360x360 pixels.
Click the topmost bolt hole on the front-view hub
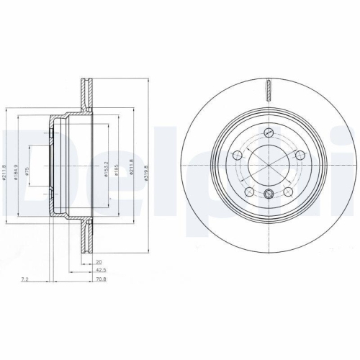point(268,131)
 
